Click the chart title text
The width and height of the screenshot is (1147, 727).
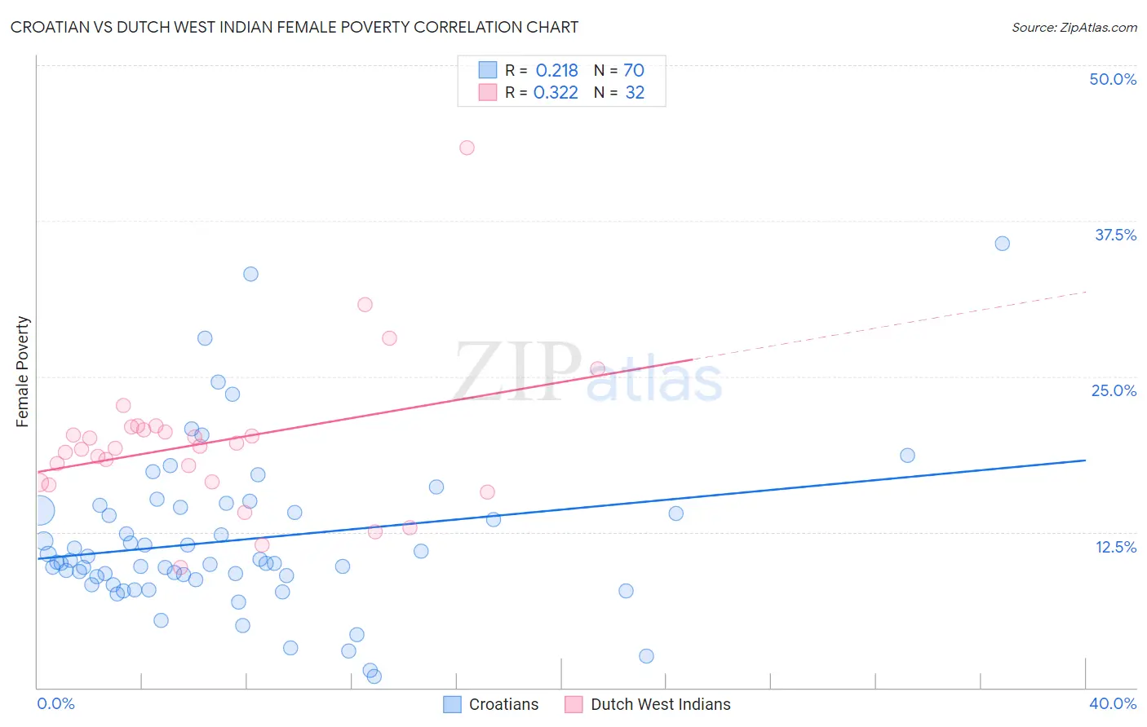click(294, 27)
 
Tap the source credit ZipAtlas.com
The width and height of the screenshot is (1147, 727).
click(1074, 27)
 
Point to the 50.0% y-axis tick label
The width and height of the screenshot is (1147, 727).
click(1113, 79)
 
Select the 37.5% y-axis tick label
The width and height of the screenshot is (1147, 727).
click(1115, 235)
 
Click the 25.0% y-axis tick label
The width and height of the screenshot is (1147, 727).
click(1114, 390)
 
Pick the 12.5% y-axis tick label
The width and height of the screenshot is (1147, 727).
click(1115, 547)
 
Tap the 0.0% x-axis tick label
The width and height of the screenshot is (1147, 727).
click(55, 703)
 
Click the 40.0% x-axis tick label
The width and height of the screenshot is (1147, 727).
click(1112, 703)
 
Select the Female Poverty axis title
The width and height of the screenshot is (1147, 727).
click(23, 372)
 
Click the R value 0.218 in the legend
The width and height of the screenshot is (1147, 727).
click(556, 71)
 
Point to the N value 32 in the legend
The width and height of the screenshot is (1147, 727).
click(635, 93)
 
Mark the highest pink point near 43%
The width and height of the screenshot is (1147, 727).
click(467, 148)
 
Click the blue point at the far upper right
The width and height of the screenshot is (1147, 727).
click(1002, 244)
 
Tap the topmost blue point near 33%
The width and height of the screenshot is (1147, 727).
click(250, 274)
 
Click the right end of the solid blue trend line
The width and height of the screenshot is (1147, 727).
click(1085, 460)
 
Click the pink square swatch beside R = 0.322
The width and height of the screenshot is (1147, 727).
click(488, 92)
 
